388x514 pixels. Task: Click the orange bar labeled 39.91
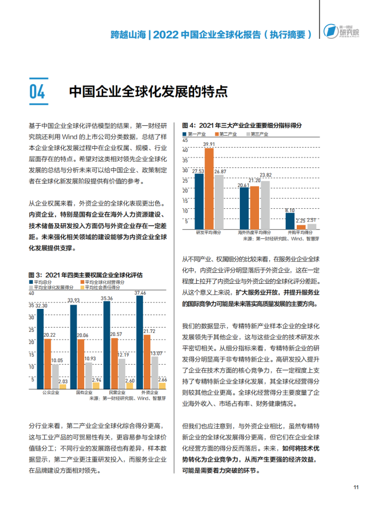pyautogui.click(x=209, y=189)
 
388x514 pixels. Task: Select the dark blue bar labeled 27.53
pyautogui.click(x=199, y=202)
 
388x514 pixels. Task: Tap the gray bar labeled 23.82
pyautogui.click(x=266, y=205)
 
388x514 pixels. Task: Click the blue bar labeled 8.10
pyautogui.click(x=290, y=221)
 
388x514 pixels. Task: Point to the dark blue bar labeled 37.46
pyautogui.click(x=140, y=342)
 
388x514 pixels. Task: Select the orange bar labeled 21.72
pyautogui.click(x=147, y=362)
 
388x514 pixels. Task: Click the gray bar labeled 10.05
pyautogui.click(x=55, y=377)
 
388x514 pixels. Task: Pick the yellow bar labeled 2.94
pyautogui.click(x=96, y=385)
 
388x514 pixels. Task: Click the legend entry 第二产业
pyautogui.click(x=226, y=134)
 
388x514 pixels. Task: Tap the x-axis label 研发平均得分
pyautogui.click(x=209, y=232)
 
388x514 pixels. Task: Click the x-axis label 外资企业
pyautogui.click(x=150, y=393)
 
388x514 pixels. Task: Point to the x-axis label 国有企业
pyautogui.click(x=84, y=393)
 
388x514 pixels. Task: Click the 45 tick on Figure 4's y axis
pyautogui.click(x=185, y=141)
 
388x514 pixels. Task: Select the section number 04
pyautogui.click(x=37, y=91)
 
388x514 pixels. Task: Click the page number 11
pyautogui.click(x=356, y=487)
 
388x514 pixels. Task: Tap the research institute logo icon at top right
pyautogui.click(x=331, y=31)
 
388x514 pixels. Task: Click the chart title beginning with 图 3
pyautogui.click(x=86, y=275)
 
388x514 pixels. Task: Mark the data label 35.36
pyautogui.click(x=107, y=299)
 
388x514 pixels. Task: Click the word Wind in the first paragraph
pyautogui.click(x=69, y=137)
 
